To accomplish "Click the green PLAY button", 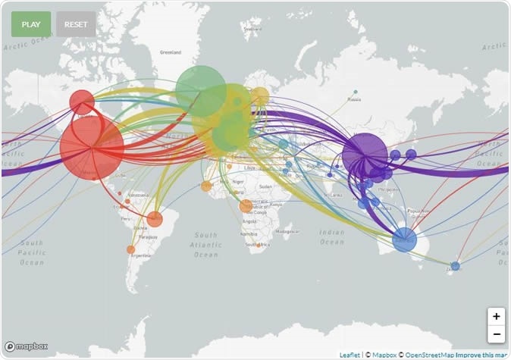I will (x=31, y=24).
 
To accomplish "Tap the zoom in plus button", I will (x=497, y=316).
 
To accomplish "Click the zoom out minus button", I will (x=497, y=334).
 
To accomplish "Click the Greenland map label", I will (x=171, y=52).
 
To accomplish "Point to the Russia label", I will (x=353, y=99).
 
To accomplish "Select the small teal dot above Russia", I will (x=356, y=92).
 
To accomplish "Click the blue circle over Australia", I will (x=405, y=239).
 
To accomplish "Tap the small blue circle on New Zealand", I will (x=455, y=266).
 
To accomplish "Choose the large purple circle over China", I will (x=365, y=155).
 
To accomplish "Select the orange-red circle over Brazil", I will (x=155, y=220).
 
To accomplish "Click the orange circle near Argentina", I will (x=130, y=249).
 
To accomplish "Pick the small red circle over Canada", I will (x=82, y=102).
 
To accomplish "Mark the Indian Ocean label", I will (x=331, y=237).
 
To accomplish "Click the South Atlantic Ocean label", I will (x=206, y=245).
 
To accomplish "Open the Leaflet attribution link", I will (x=350, y=354).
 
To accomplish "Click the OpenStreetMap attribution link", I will (x=429, y=354).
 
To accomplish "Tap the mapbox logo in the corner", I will (x=27, y=346).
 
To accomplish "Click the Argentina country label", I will (x=140, y=255).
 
